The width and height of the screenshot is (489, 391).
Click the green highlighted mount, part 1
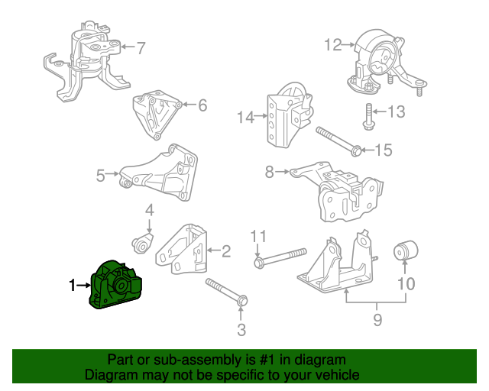(116, 286)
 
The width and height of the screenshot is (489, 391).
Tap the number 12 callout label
(332, 45)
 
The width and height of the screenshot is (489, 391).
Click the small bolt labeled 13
(368, 115)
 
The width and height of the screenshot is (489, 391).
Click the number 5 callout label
(101, 176)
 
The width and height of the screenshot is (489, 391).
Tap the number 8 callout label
(269, 173)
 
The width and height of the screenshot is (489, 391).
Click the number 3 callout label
(241, 330)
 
